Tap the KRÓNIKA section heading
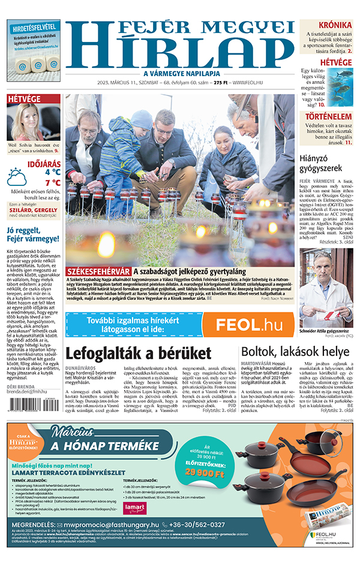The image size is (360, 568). coord(335,25)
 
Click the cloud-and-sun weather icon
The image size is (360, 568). coord(16,177)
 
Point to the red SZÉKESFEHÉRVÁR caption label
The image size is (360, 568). coord(98,271)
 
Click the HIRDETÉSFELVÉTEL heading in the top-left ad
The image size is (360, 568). coord(33,27)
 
